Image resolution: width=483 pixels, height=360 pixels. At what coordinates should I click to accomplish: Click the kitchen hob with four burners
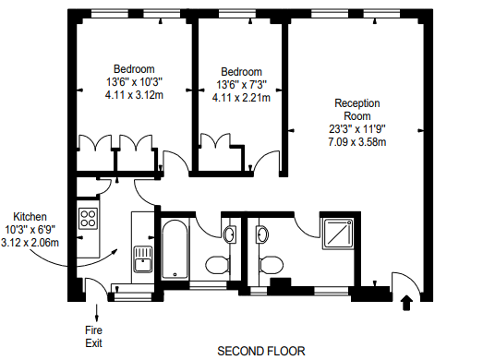[89, 219]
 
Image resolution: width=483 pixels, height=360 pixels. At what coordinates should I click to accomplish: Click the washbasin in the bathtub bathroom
[230, 233]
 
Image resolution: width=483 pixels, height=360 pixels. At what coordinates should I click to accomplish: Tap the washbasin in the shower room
[262, 234]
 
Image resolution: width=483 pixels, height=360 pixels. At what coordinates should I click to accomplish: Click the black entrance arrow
[407, 301]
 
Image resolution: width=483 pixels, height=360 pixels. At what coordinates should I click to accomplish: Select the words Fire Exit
[94, 335]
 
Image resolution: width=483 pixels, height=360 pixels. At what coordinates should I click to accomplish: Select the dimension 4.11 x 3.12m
[134, 94]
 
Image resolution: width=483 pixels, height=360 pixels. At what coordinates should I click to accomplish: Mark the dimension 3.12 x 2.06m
[30, 242]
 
